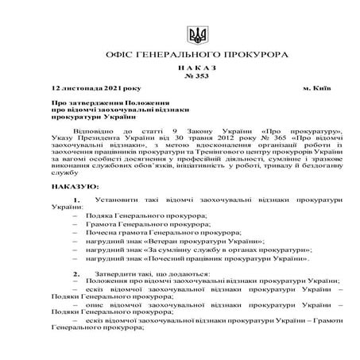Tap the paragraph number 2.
75,273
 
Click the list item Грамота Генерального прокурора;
141,225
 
